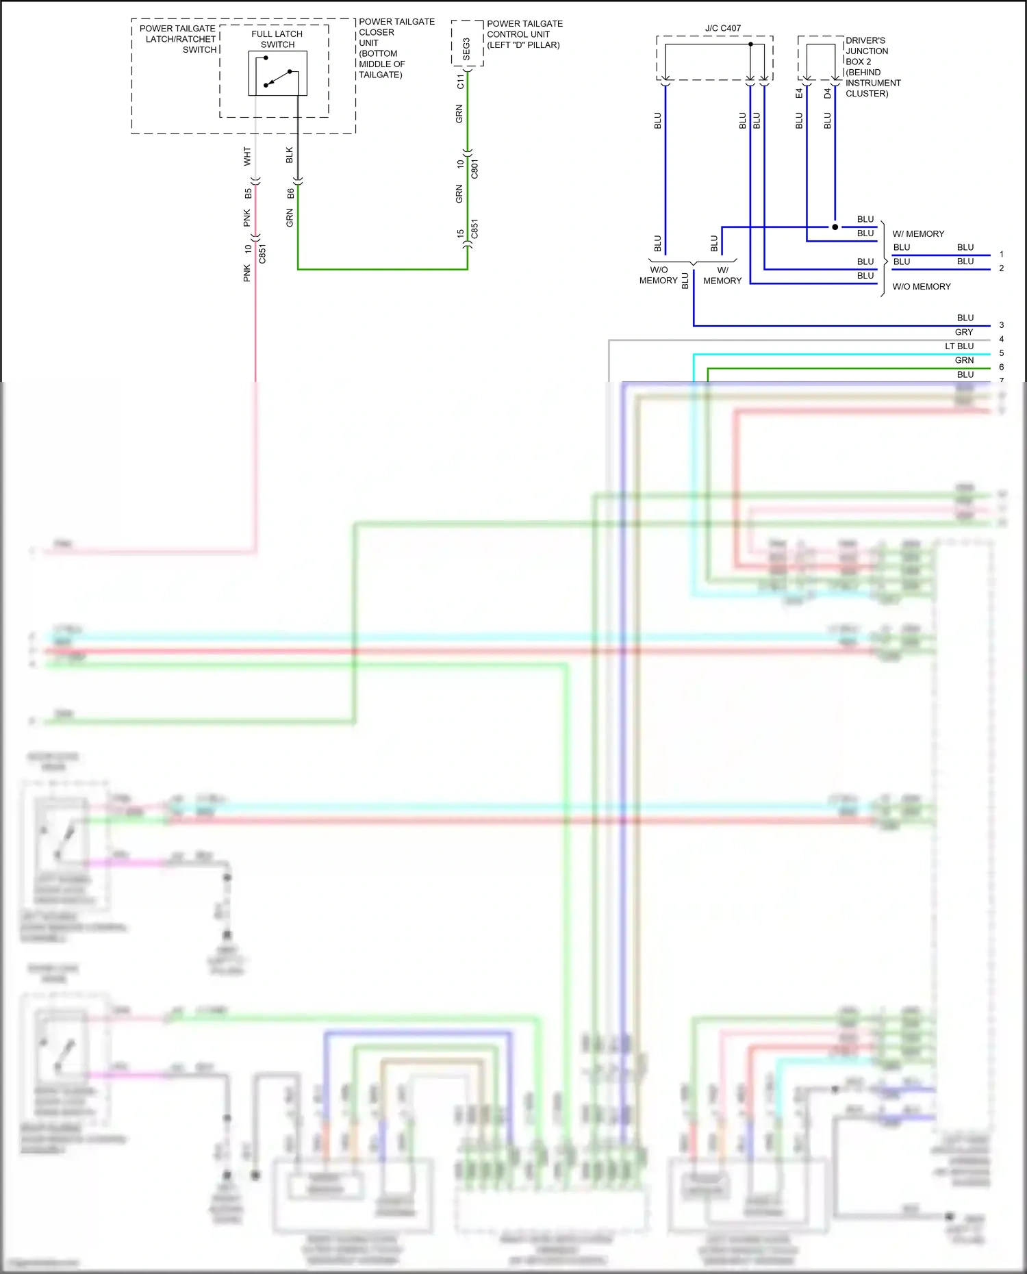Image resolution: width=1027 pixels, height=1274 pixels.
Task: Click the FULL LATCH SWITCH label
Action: (277, 39)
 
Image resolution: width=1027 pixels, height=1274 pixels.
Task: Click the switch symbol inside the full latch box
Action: (277, 73)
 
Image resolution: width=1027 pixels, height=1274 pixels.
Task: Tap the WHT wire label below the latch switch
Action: (247, 156)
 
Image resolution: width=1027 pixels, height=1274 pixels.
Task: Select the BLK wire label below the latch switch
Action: (290, 155)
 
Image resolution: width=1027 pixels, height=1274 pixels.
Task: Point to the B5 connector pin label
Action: (248, 194)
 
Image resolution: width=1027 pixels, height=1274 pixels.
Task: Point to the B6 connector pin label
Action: (290, 194)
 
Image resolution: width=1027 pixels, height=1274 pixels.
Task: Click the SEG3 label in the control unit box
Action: (467, 49)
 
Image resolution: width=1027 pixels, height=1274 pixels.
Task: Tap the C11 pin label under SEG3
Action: (460, 81)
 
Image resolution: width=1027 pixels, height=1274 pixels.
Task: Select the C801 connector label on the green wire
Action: (474, 168)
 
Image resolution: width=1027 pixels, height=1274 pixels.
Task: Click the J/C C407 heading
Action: (723, 28)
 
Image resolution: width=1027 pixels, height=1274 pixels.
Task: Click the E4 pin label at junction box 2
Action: (799, 93)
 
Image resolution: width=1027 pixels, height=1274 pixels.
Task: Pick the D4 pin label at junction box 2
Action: (827, 93)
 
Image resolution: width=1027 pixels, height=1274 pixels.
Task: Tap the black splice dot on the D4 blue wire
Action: (835, 227)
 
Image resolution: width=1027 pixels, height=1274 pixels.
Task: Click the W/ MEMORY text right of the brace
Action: (918, 234)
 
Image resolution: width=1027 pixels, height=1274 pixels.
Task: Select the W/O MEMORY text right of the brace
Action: (922, 287)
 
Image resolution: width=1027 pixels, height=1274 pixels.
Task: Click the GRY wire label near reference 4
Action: (964, 332)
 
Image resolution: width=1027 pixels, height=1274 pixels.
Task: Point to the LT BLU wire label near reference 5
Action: (959, 346)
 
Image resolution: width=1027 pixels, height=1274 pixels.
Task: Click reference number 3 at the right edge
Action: (1001, 325)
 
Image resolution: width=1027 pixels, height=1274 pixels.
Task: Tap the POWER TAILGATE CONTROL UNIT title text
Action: (524, 34)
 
